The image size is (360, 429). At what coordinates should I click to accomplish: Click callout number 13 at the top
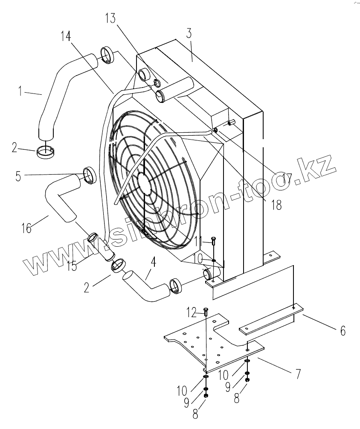111,19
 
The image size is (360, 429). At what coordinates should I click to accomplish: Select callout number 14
66,36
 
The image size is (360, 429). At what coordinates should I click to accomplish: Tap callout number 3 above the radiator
189,33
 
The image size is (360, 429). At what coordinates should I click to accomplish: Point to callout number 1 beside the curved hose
20,91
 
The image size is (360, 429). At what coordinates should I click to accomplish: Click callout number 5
18,177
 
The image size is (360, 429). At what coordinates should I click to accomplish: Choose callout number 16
26,228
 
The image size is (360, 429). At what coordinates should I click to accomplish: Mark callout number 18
277,205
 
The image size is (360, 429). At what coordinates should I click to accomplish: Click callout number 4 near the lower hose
154,262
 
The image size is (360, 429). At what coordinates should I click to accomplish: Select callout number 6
343,331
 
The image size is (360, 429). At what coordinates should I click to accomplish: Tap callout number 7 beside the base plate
298,374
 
